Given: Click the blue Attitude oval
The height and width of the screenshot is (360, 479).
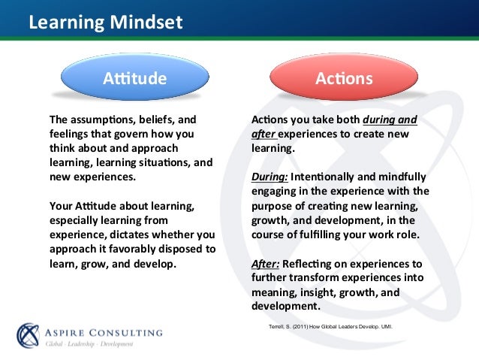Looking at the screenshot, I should (x=135, y=77).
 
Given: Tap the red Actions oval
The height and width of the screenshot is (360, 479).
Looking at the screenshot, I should (x=344, y=77).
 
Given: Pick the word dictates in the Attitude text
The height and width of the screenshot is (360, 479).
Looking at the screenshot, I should (x=145, y=234).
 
